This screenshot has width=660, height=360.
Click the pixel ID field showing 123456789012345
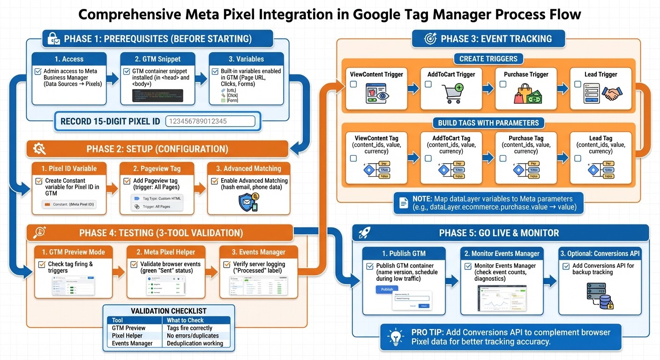click(210, 121)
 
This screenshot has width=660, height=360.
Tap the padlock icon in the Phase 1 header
click(53, 38)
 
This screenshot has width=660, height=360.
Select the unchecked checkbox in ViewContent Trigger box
click(353, 84)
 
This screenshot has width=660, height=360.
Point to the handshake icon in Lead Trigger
click(610, 93)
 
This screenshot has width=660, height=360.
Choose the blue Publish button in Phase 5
click(387, 289)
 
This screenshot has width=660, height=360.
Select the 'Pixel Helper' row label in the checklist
click(127, 336)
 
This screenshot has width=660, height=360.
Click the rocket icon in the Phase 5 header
click(365, 233)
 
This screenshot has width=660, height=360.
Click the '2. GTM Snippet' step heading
click(156, 59)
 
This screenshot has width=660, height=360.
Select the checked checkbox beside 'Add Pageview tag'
click(127, 181)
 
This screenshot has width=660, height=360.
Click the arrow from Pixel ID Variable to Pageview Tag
click(112, 189)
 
